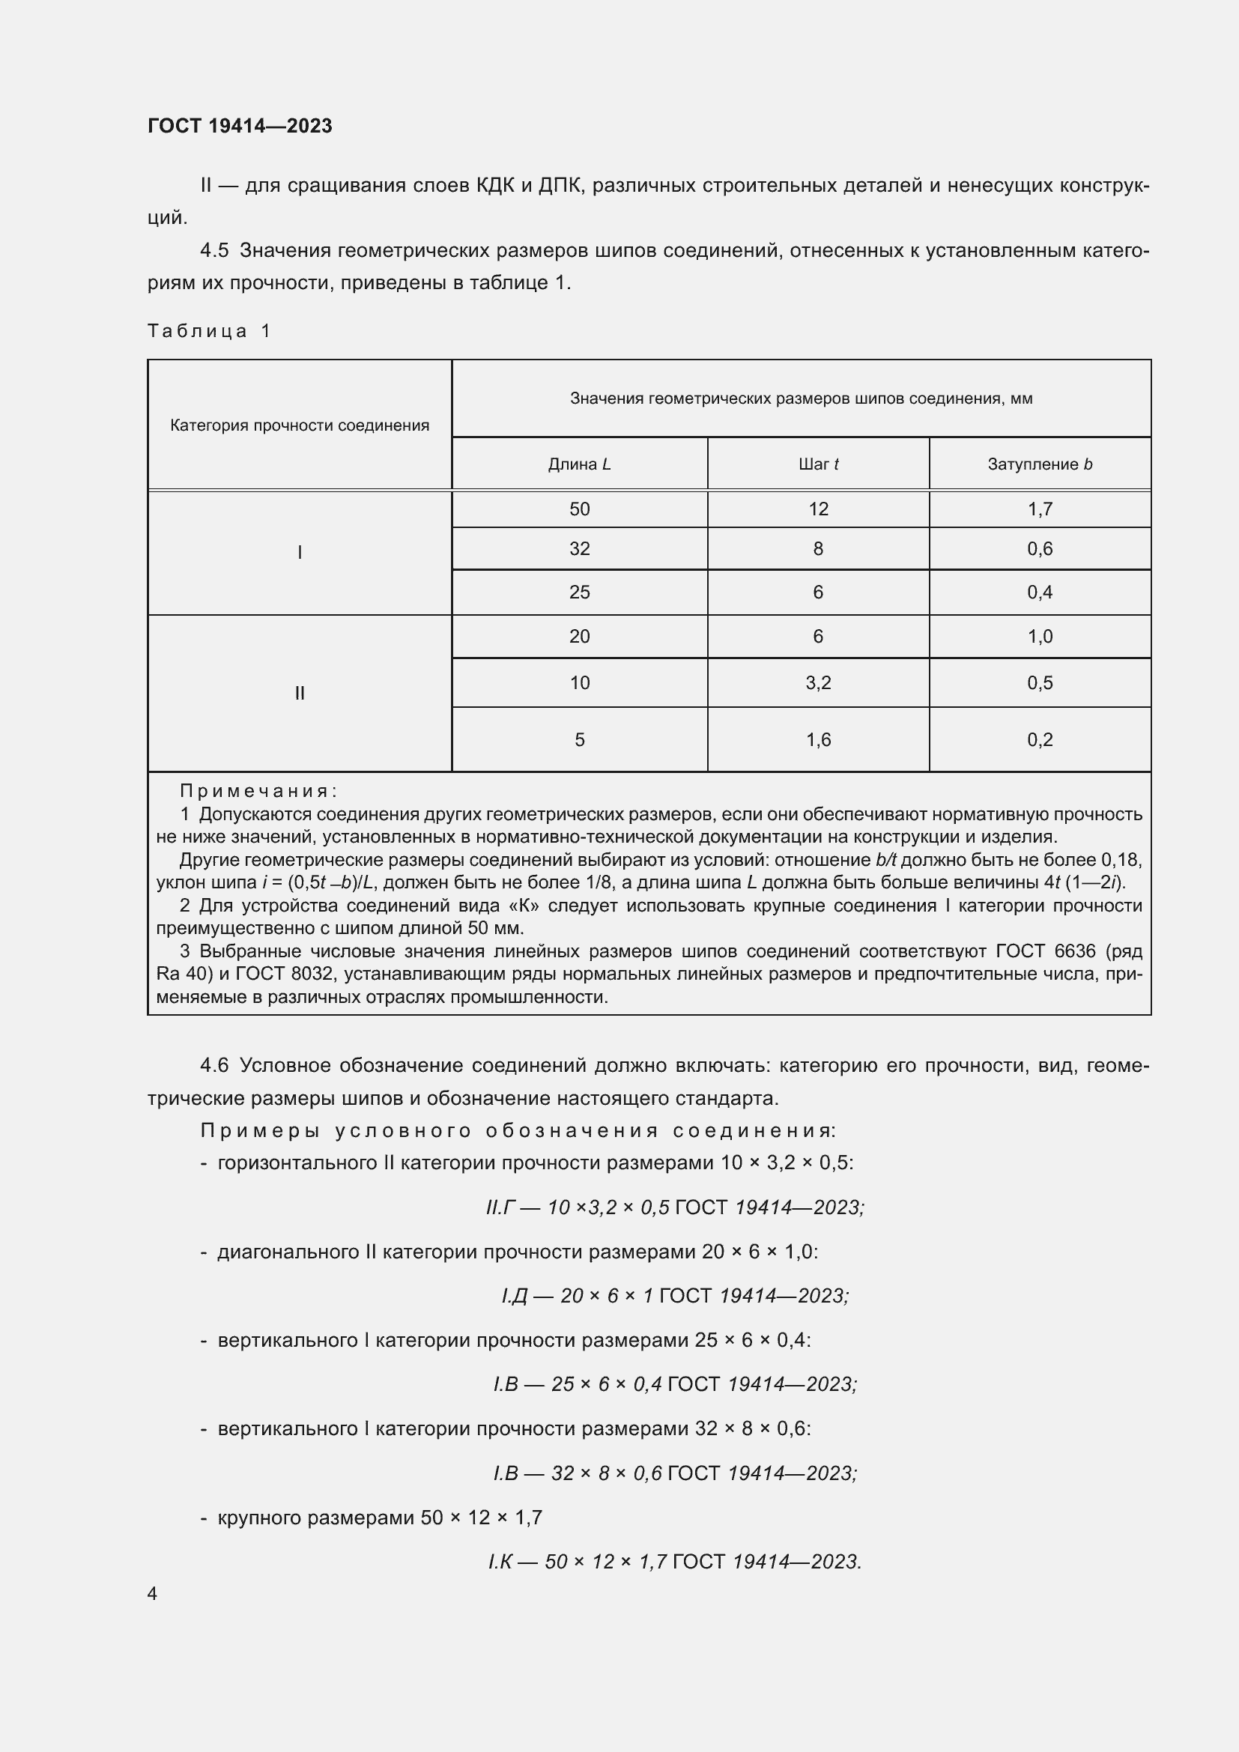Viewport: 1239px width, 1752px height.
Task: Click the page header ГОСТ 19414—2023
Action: pos(240,126)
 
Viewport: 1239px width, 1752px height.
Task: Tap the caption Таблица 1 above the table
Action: pos(209,330)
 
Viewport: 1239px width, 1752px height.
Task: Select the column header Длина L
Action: pos(579,464)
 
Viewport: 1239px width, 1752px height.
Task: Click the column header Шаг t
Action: pos(818,464)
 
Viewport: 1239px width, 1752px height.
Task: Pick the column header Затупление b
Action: pos(1039,464)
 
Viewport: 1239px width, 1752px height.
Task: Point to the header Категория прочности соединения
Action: pos(299,425)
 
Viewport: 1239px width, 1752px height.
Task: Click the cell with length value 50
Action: pos(579,509)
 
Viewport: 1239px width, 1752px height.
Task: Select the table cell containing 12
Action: pos(818,509)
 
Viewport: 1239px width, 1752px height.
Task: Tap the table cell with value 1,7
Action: pos(1039,509)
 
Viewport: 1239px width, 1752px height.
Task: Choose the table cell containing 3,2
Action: pos(818,682)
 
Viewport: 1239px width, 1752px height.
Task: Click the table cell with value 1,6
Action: pos(818,739)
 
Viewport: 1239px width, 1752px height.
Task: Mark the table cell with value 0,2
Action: pos(1039,739)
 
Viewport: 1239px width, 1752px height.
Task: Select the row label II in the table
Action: pos(299,693)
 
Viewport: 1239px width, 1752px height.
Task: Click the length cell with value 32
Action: pos(579,548)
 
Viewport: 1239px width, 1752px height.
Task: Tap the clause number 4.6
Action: pos(213,1065)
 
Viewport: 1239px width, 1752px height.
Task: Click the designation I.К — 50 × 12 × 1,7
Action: pos(578,1561)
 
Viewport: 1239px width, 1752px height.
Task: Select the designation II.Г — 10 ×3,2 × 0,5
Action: pos(578,1207)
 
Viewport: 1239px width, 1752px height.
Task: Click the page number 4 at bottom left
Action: pos(152,1593)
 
